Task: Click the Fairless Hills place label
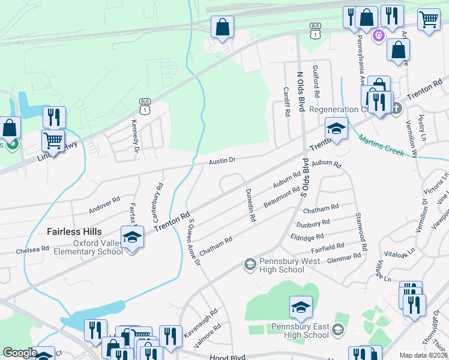(x=74, y=232)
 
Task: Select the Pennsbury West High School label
(x=282, y=266)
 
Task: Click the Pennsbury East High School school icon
(x=301, y=308)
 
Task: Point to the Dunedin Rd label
(x=250, y=206)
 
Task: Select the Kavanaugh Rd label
(x=206, y=322)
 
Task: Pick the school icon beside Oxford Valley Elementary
(x=133, y=238)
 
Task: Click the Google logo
(x=20, y=353)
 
